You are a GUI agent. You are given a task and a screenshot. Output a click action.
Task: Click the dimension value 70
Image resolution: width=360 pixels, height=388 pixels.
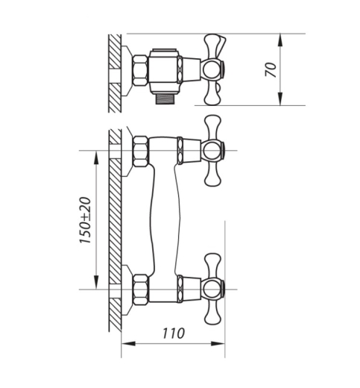(x=271, y=69)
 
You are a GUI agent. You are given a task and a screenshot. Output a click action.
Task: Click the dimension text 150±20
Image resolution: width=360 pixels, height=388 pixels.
(x=85, y=220)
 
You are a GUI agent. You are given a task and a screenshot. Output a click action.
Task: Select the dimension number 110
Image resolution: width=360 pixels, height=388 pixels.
(x=174, y=334)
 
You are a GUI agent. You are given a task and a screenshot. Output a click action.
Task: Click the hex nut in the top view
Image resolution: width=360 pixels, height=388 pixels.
(x=140, y=70)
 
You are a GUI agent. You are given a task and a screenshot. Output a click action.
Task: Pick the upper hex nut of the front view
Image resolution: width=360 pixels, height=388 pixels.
(x=141, y=151)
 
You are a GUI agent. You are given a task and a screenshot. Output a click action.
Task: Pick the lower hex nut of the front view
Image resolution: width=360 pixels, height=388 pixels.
(x=141, y=290)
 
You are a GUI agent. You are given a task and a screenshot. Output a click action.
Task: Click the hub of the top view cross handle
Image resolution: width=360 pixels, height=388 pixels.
(x=212, y=69)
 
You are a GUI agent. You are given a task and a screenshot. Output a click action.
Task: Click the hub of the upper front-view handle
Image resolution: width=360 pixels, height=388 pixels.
(x=212, y=151)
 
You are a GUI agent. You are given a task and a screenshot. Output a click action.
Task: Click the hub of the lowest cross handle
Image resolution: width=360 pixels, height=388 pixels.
(x=212, y=290)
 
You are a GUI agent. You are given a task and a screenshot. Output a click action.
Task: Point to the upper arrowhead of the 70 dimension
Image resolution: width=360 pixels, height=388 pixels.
(x=280, y=40)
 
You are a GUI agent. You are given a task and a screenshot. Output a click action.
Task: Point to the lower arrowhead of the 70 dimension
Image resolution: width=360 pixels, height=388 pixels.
(x=280, y=98)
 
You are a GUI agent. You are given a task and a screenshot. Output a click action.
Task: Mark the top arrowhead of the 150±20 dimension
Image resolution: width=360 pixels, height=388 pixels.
(x=96, y=157)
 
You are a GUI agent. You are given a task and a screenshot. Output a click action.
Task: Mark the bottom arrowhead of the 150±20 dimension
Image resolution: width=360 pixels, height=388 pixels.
(x=96, y=283)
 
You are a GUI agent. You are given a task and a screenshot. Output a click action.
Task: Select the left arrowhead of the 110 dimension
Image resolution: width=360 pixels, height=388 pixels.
(x=128, y=344)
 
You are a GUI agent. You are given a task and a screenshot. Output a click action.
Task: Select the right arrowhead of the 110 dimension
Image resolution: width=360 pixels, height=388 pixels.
(x=218, y=344)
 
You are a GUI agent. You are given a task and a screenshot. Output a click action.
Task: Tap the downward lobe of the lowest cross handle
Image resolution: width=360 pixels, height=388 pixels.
(x=212, y=313)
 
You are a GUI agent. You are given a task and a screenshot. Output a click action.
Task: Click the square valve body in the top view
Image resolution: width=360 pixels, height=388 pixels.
(x=164, y=69)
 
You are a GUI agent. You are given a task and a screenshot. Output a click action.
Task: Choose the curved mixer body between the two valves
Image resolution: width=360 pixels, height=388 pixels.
(x=165, y=220)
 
